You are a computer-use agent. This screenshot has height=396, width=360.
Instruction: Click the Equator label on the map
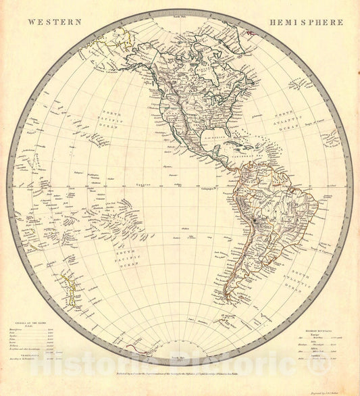(141, 184)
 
